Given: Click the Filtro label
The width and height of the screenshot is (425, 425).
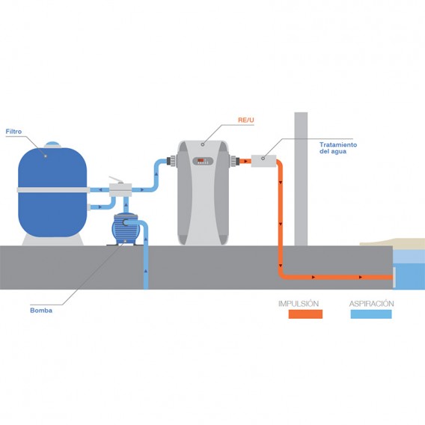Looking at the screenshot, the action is pyautogui.click(x=13, y=132).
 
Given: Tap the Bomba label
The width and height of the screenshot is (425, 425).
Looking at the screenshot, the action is pyautogui.click(x=41, y=311).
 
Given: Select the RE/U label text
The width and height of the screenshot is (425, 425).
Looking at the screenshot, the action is pyautogui.click(x=246, y=120).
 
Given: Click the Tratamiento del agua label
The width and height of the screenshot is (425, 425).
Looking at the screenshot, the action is pyautogui.click(x=338, y=148).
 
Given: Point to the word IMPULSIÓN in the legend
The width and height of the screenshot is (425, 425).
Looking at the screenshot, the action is pyautogui.click(x=299, y=304).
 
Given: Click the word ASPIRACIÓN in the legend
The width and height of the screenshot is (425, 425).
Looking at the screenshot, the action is pyautogui.click(x=371, y=304).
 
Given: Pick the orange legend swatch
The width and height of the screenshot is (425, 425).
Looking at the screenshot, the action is pyautogui.click(x=305, y=314).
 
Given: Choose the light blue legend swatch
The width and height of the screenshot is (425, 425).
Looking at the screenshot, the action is pyautogui.click(x=371, y=314).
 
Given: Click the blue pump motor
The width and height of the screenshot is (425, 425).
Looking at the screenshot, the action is pyautogui.click(x=126, y=229).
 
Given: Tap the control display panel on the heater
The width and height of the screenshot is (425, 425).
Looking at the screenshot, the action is pyautogui.click(x=203, y=161).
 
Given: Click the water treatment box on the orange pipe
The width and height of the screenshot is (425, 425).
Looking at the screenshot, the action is pyautogui.click(x=263, y=161).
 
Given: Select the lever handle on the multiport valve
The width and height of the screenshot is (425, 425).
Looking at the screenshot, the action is pyautogui.click(x=116, y=180).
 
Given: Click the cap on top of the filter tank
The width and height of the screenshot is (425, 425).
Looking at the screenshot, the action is pyautogui.click(x=52, y=144).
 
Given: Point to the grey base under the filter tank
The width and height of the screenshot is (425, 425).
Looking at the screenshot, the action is pyautogui.click(x=52, y=240).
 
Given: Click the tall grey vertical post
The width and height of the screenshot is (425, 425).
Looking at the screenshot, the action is pyautogui.click(x=301, y=179).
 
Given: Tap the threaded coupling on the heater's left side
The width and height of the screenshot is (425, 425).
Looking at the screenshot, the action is pyautogui.click(x=173, y=160).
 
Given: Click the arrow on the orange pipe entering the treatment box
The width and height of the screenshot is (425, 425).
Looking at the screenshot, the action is pyautogui.click(x=245, y=162).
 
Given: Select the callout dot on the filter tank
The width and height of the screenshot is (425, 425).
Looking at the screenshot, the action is pyautogui.click(x=46, y=156).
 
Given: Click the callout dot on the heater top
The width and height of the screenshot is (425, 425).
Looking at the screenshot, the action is pyautogui.click(x=203, y=144).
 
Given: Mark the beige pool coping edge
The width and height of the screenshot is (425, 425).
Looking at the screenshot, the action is pyautogui.click(x=393, y=242).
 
